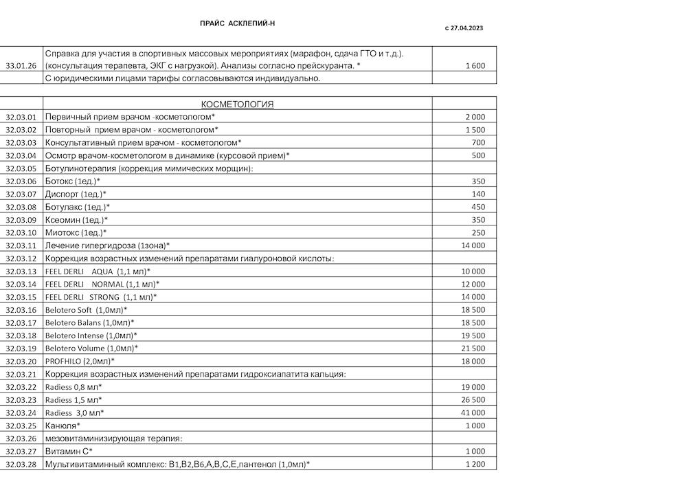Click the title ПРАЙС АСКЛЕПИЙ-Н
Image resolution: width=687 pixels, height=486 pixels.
(x=237, y=23)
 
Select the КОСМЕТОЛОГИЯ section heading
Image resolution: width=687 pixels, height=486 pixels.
(x=237, y=104)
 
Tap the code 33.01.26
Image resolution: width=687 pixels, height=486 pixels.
(x=21, y=66)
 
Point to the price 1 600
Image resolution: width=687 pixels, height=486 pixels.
(x=475, y=66)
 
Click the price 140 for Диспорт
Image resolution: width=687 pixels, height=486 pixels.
(x=478, y=195)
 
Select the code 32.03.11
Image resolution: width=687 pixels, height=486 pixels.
(x=21, y=245)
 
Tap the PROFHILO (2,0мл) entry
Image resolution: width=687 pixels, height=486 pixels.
(x=80, y=361)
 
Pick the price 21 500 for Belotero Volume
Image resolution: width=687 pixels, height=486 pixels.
(x=473, y=349)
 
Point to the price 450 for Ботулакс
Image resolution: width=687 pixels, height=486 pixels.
(x=478, y=207)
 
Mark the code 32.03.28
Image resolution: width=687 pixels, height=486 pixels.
(x=21, y=464)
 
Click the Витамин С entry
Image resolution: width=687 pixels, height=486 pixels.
(x=69, y=451)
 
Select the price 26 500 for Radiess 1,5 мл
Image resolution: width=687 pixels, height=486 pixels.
(x=473, y=400)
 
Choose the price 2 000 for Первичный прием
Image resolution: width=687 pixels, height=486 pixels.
(x=475, y=117)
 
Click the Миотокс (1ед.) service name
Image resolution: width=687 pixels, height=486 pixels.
(x=76, y=233)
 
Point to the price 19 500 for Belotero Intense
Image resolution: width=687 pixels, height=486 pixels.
(x=473, y=335)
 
